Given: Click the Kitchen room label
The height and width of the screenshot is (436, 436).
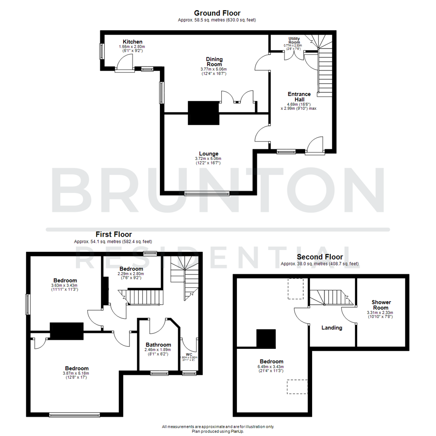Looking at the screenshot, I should coord(132,42).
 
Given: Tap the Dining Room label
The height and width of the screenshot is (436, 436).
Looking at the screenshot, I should coord(214,62).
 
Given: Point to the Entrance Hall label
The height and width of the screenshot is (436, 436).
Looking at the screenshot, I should coord(299,96).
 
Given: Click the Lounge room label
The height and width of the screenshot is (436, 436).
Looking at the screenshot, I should coord(208,153).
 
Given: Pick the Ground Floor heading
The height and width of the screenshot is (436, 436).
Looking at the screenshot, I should coord(217,13).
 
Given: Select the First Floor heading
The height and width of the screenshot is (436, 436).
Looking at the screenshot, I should coord(113,234).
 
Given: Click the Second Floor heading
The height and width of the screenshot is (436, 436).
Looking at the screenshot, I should coord(320,257).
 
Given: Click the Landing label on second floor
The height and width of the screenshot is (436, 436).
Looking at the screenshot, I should coord(332,328).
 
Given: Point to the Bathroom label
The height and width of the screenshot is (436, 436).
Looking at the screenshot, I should coord(158,345).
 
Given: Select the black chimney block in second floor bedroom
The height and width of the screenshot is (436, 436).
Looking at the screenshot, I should coord(266,338).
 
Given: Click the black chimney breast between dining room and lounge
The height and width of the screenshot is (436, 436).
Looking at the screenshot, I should coord(203,113).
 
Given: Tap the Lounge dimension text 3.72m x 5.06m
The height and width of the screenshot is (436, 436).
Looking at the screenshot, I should coord(208,159).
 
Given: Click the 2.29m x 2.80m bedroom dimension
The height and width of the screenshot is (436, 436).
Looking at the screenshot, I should coord(131,273).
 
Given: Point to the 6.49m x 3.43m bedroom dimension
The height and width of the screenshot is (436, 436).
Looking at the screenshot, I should coord(271,367).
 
